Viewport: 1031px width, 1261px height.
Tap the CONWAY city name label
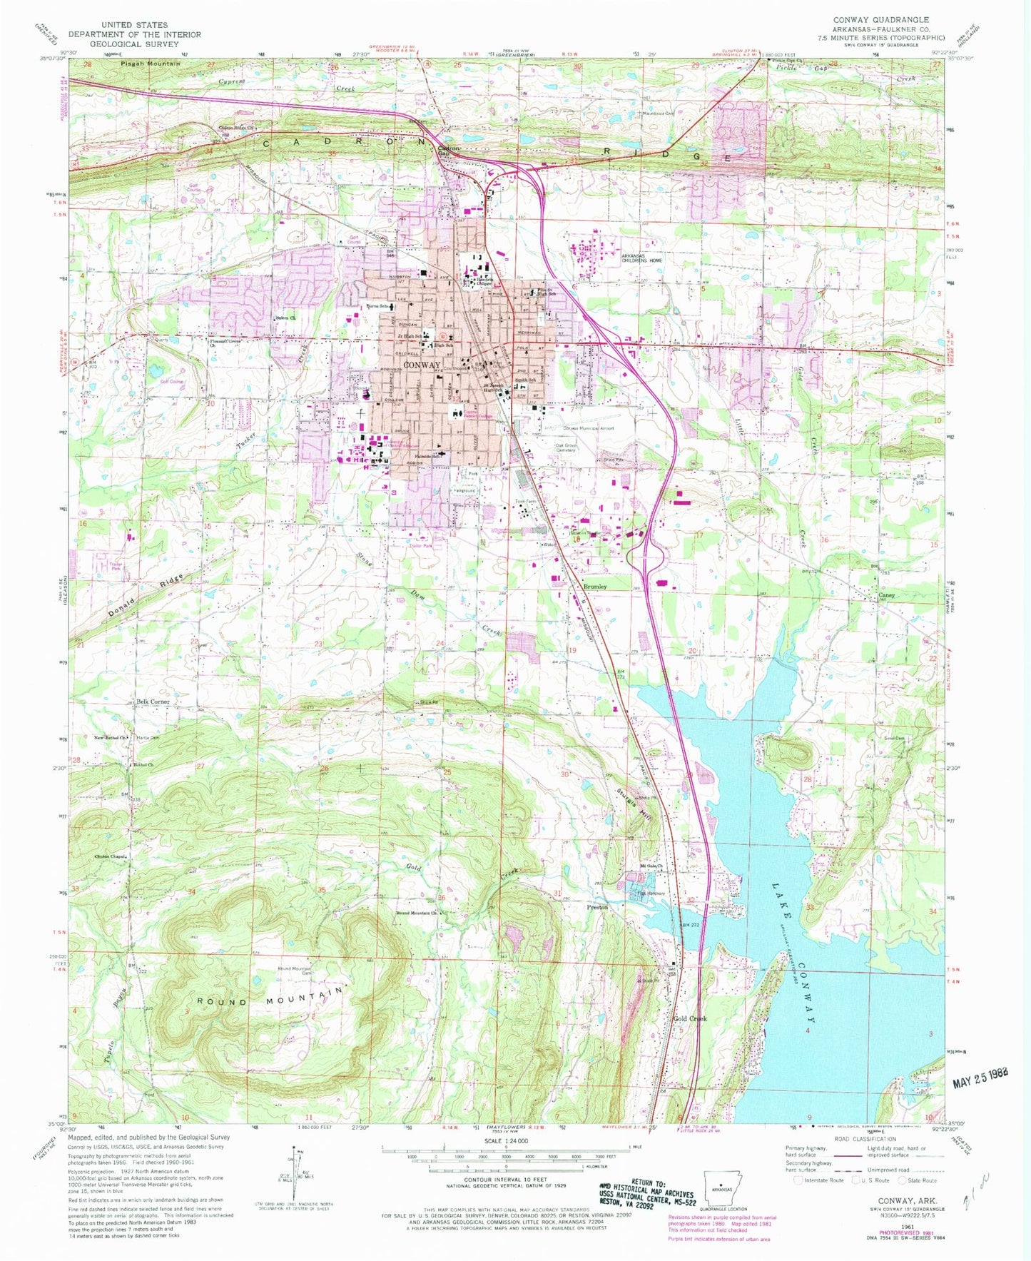[x=422, y=365]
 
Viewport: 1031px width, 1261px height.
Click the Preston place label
[x=597, y=907]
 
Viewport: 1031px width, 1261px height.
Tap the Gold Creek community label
[x=690, y=1018]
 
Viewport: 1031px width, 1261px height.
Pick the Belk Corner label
[x=153, y=702]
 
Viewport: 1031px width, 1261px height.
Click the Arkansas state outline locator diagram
[x=721, y=1187]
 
